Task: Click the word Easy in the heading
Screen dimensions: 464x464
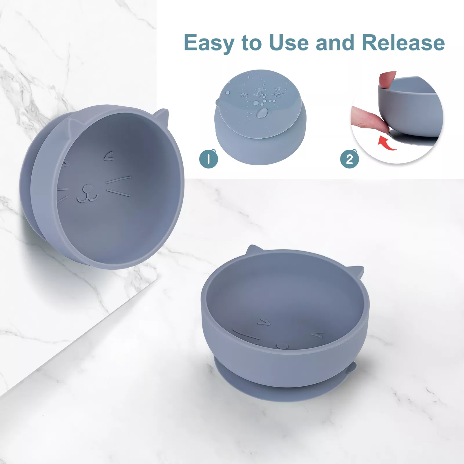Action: pos(208,43)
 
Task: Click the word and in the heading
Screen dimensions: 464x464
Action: pos(335,43)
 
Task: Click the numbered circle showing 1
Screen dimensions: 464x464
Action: pos(209,159)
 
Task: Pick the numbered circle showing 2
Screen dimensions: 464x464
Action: pos(349,159)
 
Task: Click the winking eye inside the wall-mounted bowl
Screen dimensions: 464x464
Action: pos(109,157)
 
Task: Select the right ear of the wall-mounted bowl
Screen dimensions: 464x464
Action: pos(162,116)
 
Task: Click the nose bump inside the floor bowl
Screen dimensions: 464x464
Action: pos(282,346)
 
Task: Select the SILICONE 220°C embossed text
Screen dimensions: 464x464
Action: pos(244,95)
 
